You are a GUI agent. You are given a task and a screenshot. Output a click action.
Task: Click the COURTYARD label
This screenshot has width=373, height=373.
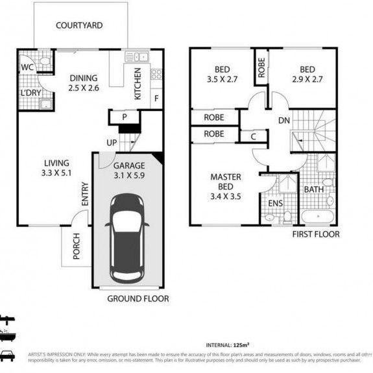(78, 26)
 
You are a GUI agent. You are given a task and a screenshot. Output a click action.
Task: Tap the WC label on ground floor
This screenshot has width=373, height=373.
(27, 67)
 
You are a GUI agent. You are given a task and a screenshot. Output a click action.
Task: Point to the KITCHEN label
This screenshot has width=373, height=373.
(138, 84)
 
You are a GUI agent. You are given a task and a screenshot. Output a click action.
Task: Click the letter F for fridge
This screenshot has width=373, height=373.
(156, 99)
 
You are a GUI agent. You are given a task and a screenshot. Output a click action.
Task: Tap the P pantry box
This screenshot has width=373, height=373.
(125, 117)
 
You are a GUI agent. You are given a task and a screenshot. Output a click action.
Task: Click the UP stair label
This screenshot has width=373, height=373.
(112, 143)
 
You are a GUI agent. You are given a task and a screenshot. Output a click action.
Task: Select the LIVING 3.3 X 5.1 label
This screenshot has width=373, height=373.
(56, 167)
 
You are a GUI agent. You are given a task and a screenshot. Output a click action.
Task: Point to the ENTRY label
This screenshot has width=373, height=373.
(86, 199)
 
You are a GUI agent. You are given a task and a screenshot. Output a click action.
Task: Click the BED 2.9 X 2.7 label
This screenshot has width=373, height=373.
(307, 75)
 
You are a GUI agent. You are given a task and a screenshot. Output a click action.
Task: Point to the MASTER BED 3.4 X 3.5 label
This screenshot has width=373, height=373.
(226, 187)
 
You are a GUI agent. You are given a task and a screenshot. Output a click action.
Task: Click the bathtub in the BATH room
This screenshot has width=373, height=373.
(318, 216)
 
